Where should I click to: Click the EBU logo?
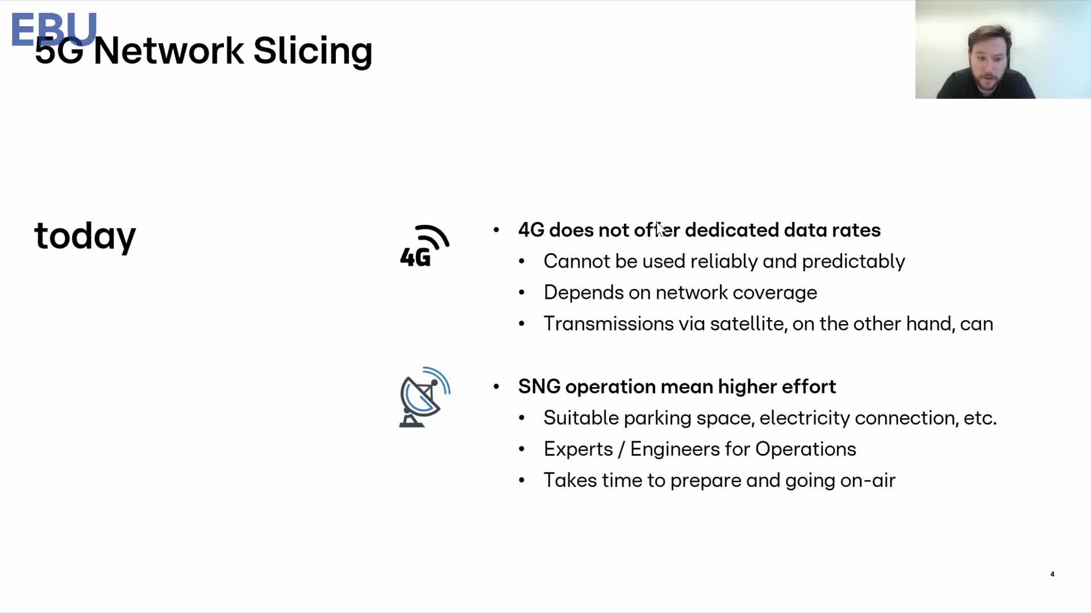click(54, 30)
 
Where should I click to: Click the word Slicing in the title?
click(313, 51)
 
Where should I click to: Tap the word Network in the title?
click(169, 51)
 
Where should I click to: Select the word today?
click(85, 236)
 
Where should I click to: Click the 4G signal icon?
click(424, 246)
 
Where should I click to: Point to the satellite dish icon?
click(424, 397)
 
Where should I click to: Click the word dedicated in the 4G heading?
click(732, 230)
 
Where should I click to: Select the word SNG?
click(539, 387)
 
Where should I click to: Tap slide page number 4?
click(1052, 574)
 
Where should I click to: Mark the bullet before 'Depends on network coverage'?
click(522, 293)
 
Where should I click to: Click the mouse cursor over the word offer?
click(660, 229)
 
